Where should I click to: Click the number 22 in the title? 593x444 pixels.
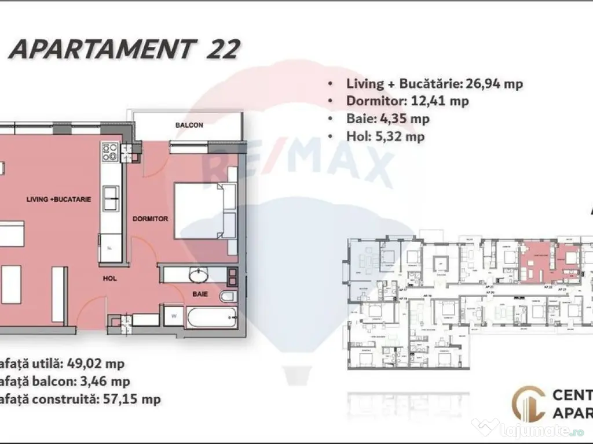[222, 50]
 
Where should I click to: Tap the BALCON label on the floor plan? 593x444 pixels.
[189, 125]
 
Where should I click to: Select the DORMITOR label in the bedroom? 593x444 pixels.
[150, 219]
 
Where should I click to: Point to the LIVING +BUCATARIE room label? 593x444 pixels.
[59, 199]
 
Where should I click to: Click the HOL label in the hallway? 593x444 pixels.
[110, 278]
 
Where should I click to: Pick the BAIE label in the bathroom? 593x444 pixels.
[201, 294]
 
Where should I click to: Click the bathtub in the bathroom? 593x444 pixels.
[211, 317]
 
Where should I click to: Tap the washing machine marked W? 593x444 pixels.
[174, 317]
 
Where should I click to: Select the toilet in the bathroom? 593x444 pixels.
[228, 297]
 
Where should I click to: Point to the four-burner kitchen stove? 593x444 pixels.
[110, 152]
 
